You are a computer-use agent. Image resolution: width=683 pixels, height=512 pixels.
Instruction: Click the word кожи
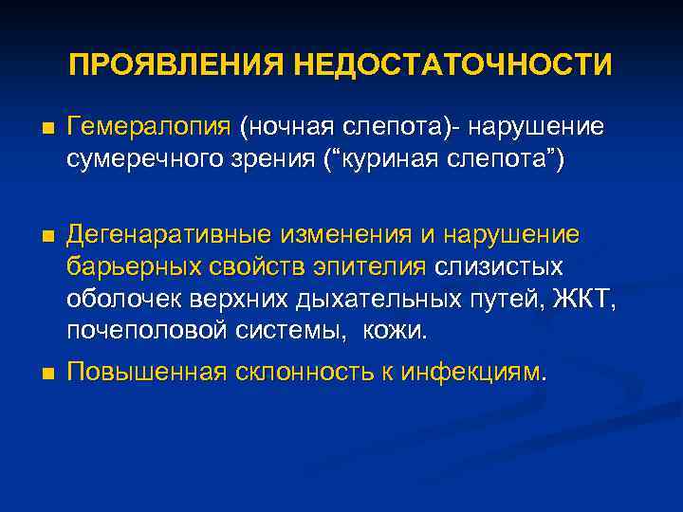click(x=399, y=332)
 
